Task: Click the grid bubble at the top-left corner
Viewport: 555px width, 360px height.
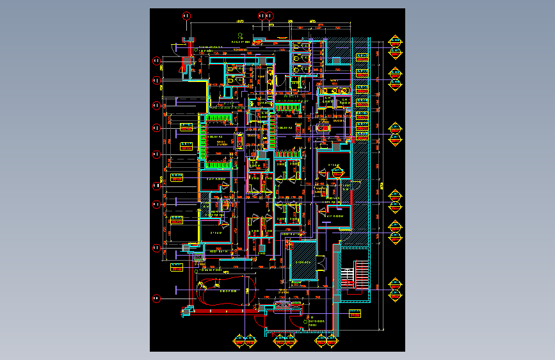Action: click(186, 15)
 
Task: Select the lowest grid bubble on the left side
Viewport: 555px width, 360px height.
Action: click(156, 299)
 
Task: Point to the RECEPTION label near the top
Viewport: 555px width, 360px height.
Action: click(240, 42)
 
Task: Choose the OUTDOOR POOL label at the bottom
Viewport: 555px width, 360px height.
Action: click(316, 322)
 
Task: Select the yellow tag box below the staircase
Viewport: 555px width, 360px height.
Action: click(355, 313)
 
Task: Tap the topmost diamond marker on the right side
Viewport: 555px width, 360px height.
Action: click(396, 42)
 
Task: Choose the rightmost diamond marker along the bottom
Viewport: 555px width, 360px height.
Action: click(332, 340)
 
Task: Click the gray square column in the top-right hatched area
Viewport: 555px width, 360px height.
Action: click(337, 60)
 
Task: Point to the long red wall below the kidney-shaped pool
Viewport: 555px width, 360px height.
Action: click(224, 311)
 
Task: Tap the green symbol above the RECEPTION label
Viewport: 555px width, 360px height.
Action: click(240, 36)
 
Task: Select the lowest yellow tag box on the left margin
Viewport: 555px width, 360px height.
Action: click(177, 269)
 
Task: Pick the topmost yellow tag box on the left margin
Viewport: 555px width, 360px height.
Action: click(186, 145)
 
